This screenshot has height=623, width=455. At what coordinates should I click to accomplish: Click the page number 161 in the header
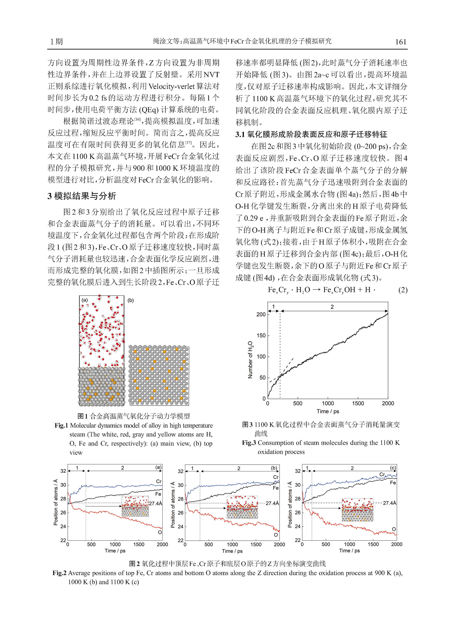point(401,42)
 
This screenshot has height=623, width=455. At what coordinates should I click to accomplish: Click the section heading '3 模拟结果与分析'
point(82,196)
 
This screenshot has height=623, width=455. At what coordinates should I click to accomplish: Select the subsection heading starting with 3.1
point(311,134)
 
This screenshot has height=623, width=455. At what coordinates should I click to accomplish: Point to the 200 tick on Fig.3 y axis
point(261,314)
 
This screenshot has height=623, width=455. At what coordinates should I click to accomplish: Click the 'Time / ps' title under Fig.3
point(328,411)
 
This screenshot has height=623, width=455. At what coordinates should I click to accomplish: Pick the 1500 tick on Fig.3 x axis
point(358,403)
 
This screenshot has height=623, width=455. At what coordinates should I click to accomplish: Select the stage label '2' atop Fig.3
point(332,307)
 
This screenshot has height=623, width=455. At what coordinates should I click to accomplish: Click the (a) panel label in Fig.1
point(85,300)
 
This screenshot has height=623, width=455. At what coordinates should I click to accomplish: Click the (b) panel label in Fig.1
point(131,300)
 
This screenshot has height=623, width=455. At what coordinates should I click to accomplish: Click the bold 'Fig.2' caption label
point(60,573)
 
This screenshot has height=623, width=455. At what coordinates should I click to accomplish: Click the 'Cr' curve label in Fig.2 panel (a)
point(159,481)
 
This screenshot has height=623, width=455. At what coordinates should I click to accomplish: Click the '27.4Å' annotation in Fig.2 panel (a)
point(156,503)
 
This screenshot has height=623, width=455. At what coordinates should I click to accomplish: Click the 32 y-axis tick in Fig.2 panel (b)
point(180,471)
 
